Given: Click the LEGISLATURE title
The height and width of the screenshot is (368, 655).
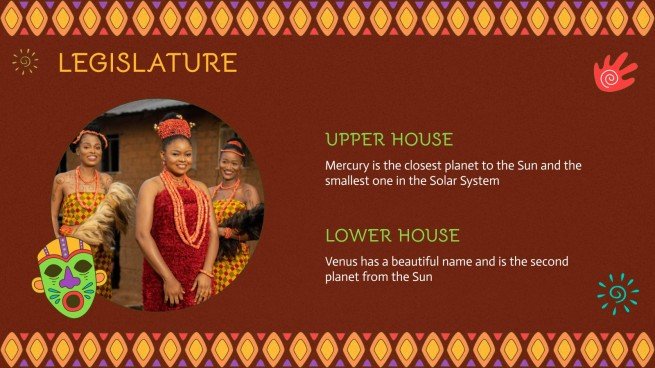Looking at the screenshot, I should point(147,63).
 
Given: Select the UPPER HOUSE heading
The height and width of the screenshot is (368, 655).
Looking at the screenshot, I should point(389,140).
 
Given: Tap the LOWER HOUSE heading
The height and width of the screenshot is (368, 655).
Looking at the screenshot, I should point(392,236).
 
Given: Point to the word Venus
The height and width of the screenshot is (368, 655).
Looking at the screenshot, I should point(342,261).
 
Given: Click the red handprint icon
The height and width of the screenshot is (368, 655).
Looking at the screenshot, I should point(614,72).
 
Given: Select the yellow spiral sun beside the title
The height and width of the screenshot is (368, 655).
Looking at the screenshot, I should point(25,62).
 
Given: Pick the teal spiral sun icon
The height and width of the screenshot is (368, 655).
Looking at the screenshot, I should point(617,293).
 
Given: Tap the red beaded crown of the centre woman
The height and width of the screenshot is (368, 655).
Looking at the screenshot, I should point(173,126).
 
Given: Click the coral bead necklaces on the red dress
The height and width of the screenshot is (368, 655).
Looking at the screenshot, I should point(185,205).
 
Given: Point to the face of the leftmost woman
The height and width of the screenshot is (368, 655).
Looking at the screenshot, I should point(88,153).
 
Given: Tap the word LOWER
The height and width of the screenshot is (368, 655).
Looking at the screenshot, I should point(357,236).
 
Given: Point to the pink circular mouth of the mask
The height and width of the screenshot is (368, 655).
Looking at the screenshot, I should point(71,301).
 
